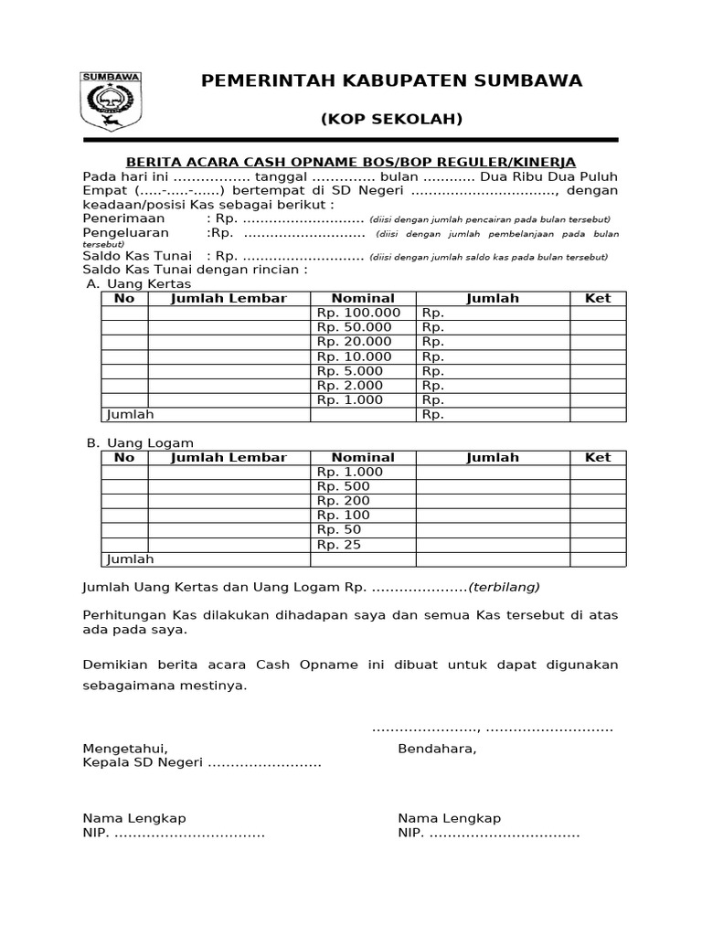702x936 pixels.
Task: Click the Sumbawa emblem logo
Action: [x=111, y=101]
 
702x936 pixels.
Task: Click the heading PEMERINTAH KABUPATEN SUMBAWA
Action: [x=391, y=81]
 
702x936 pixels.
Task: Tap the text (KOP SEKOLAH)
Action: [x=391, y=120]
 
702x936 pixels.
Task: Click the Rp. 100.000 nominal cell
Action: [x=358, y=313]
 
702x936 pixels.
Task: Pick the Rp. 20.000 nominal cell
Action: [x=353, y=342]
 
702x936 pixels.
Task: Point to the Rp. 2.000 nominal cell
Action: [x=350, y=386]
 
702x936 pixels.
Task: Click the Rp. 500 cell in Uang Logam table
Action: [x=343, y=486]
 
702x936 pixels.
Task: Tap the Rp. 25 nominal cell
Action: [x=339, y=545]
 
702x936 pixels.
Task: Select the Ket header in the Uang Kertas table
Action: [x=598, y=298]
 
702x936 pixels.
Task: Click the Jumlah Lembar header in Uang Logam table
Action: [x=229, y=457]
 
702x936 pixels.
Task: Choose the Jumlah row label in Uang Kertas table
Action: [x=130, y=415]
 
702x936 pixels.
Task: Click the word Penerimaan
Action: [x=123, y=219]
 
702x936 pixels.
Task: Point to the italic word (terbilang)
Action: [x=505, y=587]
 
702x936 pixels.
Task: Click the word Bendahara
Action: [x=437, y=749]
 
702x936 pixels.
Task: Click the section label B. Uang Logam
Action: [x=140, y=442]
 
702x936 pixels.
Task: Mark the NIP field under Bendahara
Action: [x=488, y=834]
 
